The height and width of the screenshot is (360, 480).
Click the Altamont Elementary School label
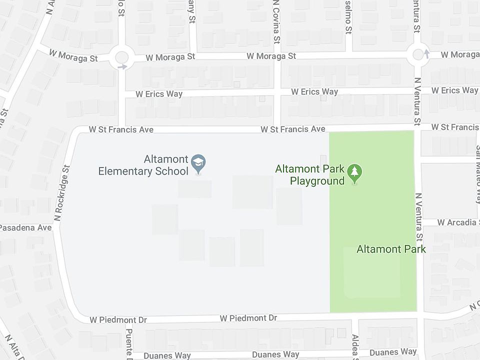(143, 165)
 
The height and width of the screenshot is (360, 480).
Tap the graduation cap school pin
(198, 163)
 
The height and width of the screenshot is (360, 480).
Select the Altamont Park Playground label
(310, 175)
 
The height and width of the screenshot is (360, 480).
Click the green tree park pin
(354, 173)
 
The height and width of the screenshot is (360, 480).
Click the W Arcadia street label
(457, 222)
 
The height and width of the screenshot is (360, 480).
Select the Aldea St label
(354, 347)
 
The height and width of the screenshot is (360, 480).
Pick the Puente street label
(129, 344)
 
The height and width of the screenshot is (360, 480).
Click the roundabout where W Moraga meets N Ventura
(418, 54)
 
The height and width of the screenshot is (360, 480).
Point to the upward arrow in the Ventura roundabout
(426, 52)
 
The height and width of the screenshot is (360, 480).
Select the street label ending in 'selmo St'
(348, 17)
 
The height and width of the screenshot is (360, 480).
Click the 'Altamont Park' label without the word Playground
(391, 249)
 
